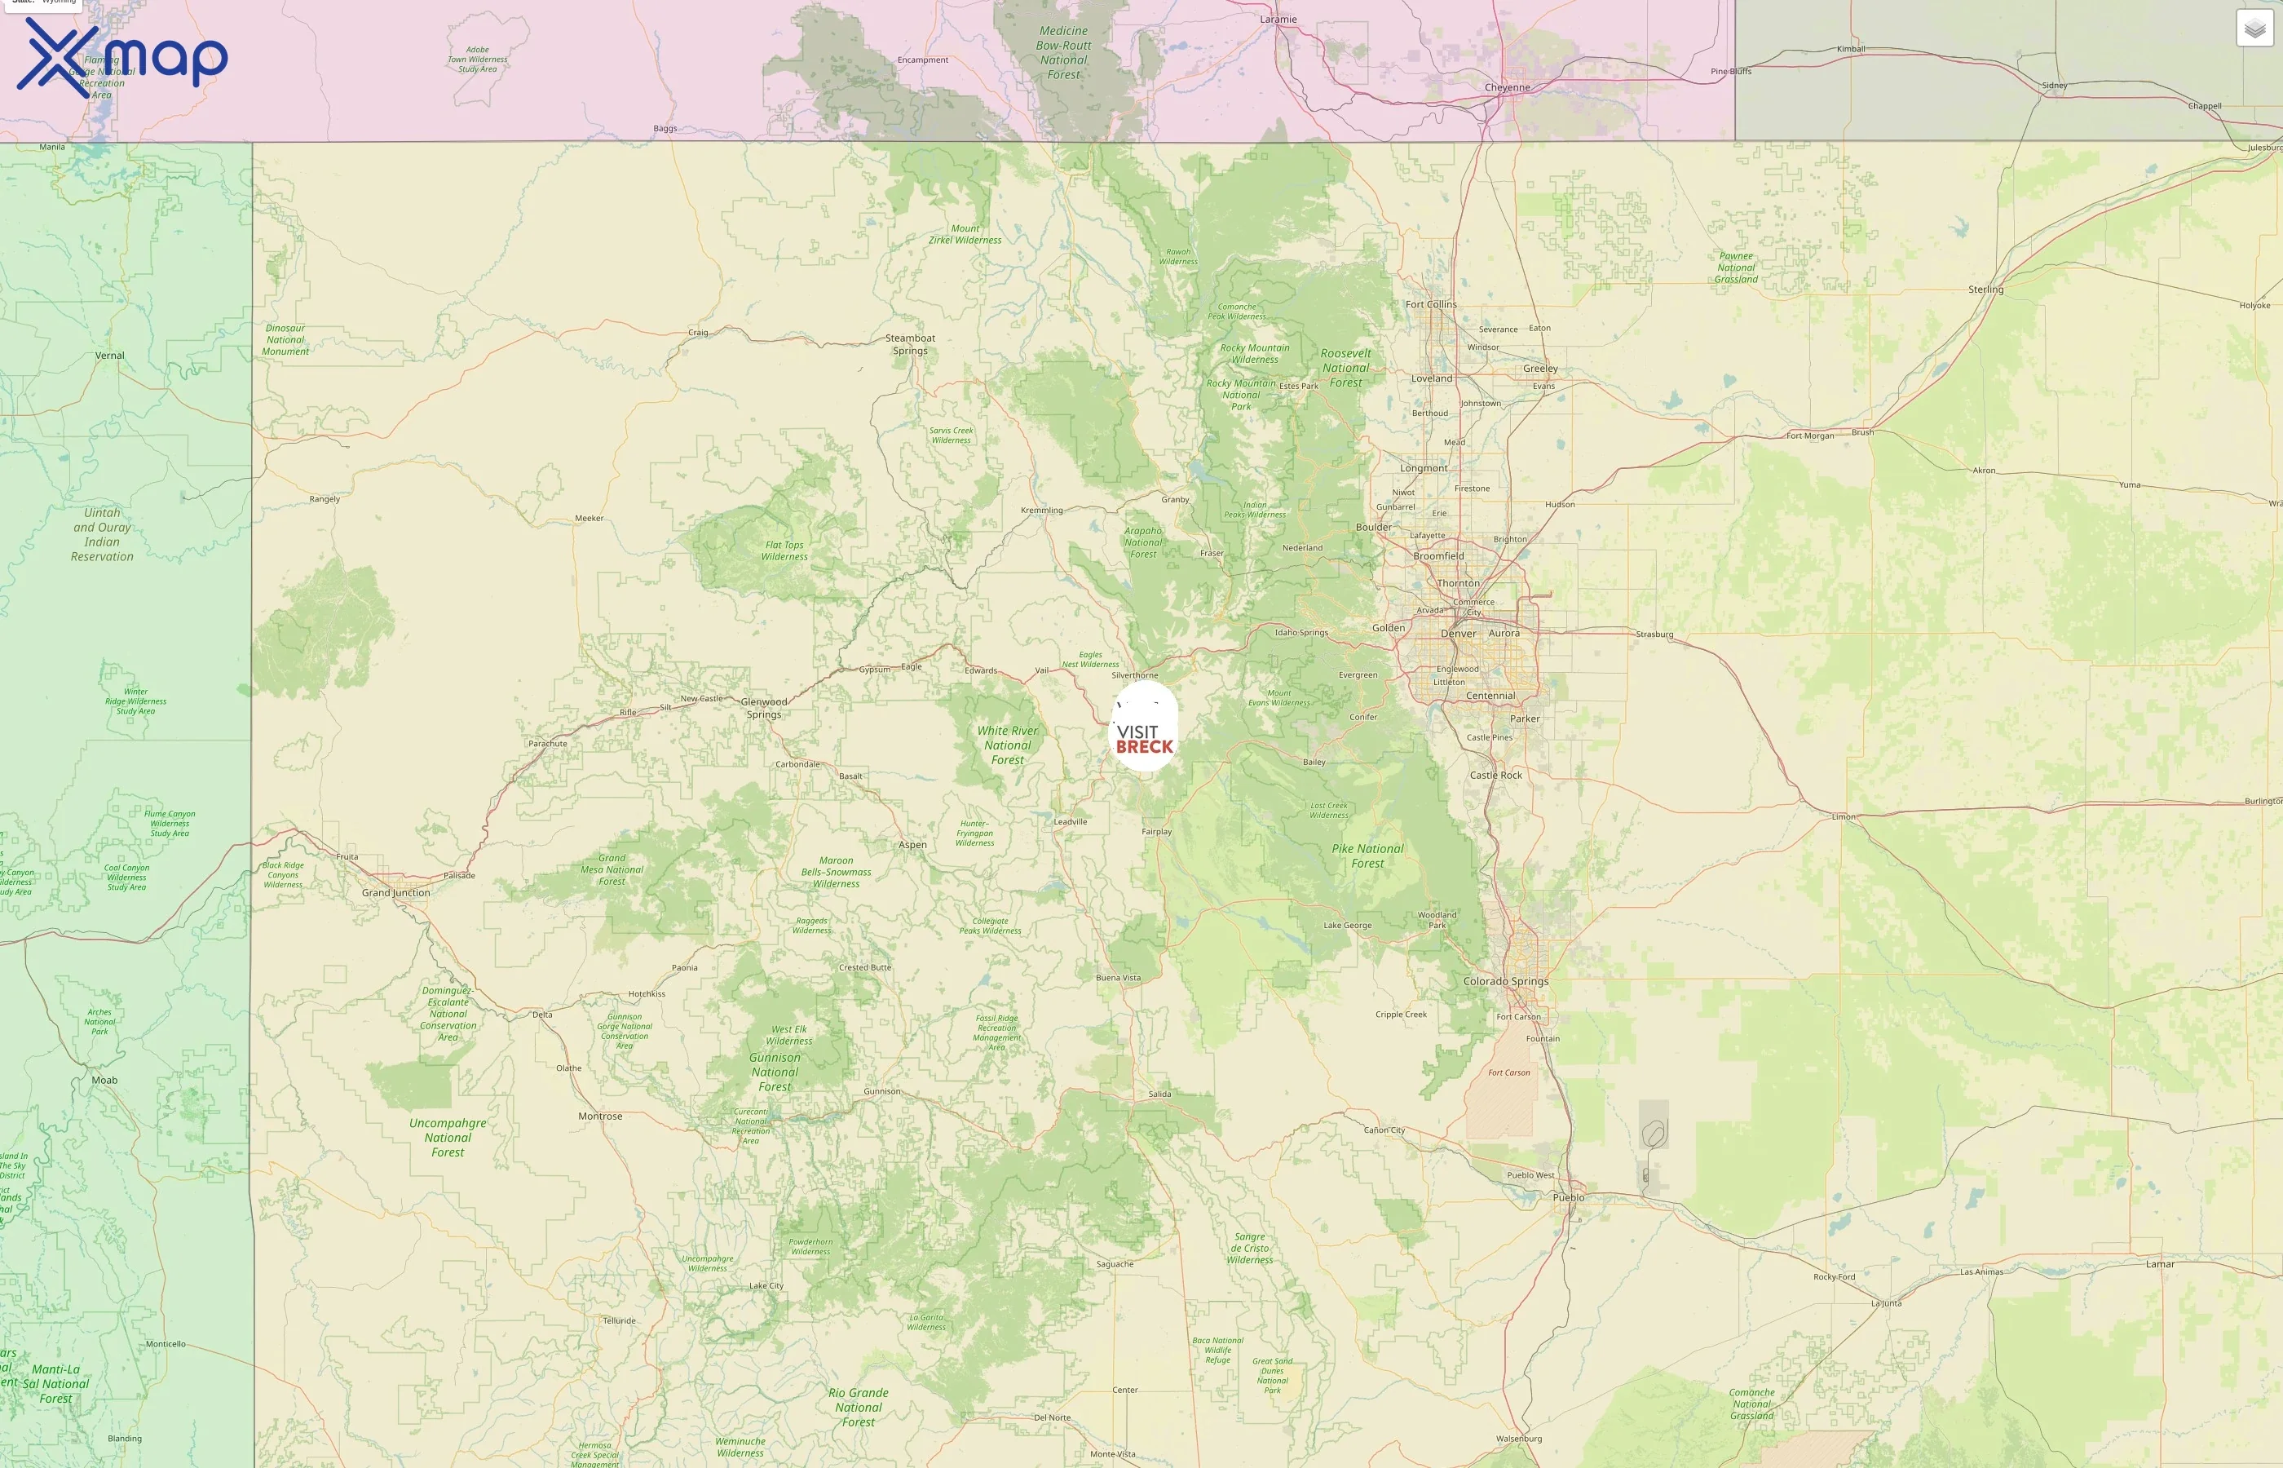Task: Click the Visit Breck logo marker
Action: tap(1145, 727)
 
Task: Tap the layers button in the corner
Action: tap(2254, 29)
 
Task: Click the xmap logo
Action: tap(122, 57)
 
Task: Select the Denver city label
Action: tap(1458, 634)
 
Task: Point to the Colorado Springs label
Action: tap(1505, 982)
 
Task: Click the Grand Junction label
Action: tap(395, 893)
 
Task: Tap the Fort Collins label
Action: tap(1430, 305)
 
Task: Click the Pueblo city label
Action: tap(1569, 1197)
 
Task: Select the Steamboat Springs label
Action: tap(910, 344)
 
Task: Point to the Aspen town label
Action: tap(912, 845)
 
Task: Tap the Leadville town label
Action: tap(1070, 822)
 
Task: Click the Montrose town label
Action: tap(600, 1116)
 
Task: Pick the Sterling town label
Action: tap(1985, 290)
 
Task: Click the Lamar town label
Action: tap(2160, 1264)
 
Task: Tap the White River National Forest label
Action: tap(1007, 745)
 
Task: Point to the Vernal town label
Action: tap(109, 356)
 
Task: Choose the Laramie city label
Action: tap(1278, 19)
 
